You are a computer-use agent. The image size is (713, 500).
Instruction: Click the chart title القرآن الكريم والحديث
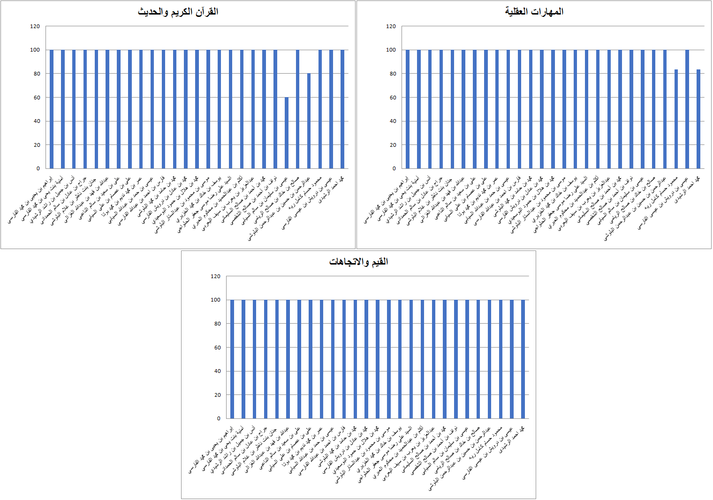(x=178, y=12)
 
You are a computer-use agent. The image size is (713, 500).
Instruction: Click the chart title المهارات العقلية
(x=534, y=12)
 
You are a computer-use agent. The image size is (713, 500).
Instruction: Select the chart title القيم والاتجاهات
(x=358, y=262)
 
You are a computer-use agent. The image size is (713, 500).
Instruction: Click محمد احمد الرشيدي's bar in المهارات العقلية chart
(x=698, y=119)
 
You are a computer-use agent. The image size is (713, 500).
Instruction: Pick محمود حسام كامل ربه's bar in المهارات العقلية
(x=676, y=119)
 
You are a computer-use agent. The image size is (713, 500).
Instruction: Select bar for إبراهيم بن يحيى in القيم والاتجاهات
(x=232, y=359)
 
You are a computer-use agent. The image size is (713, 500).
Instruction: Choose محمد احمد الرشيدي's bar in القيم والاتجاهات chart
(x=523, y=359)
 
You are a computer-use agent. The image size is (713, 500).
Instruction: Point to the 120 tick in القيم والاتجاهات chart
(x=215, y=276)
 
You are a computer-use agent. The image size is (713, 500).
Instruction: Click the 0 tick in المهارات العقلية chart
(x=394, y=168)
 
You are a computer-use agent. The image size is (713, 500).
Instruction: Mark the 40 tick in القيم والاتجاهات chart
(x=217, y=371)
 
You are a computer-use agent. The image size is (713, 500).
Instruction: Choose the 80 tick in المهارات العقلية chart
(x=392, y=74)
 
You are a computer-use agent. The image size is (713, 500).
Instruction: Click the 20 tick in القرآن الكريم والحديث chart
(x=37, y=145)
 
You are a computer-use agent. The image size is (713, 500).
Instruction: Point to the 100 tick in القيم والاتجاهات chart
(x=215, y=300)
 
